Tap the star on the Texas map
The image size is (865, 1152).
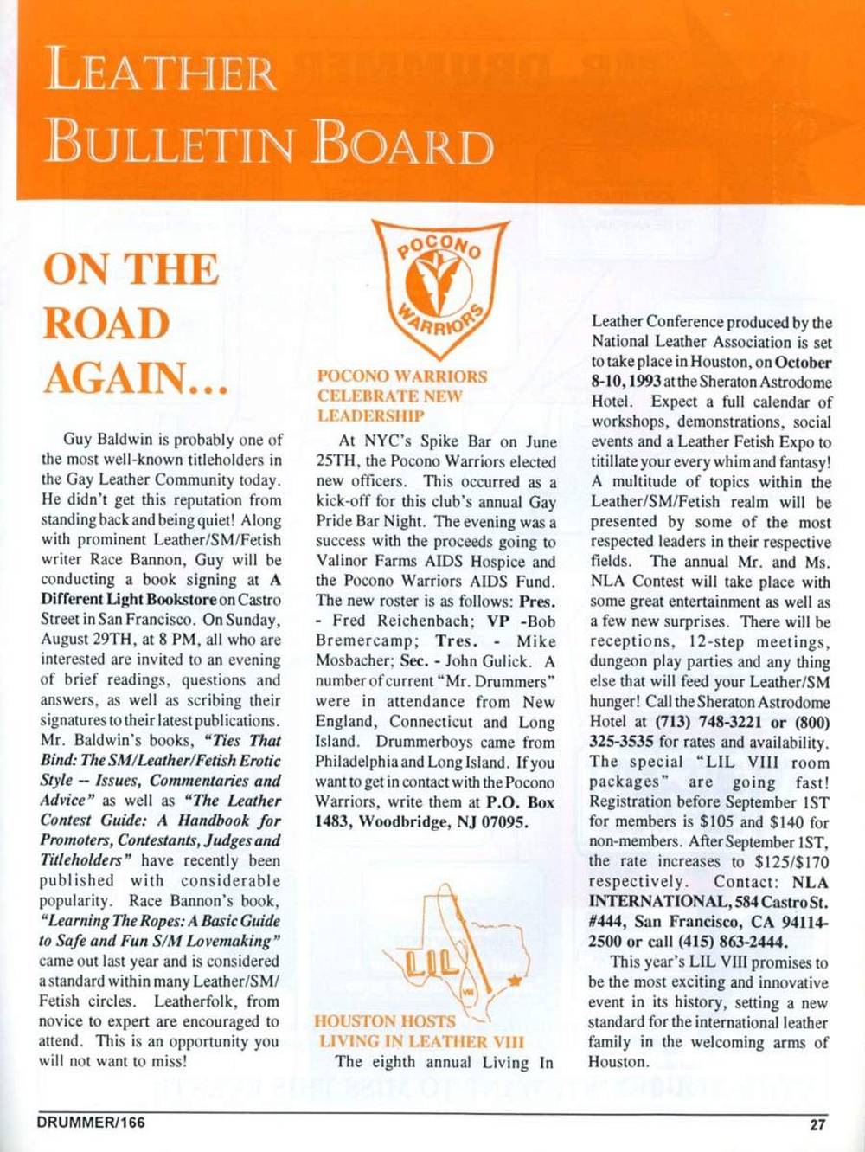[515, 981]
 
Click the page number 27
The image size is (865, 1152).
[817, 1125]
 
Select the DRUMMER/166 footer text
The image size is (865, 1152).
[91, 1123]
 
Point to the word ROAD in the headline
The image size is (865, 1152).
[106, 324]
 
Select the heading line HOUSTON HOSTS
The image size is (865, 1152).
[385, 1021]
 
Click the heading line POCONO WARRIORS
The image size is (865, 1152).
[402, 376]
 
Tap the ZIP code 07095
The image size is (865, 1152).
[500, 822]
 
